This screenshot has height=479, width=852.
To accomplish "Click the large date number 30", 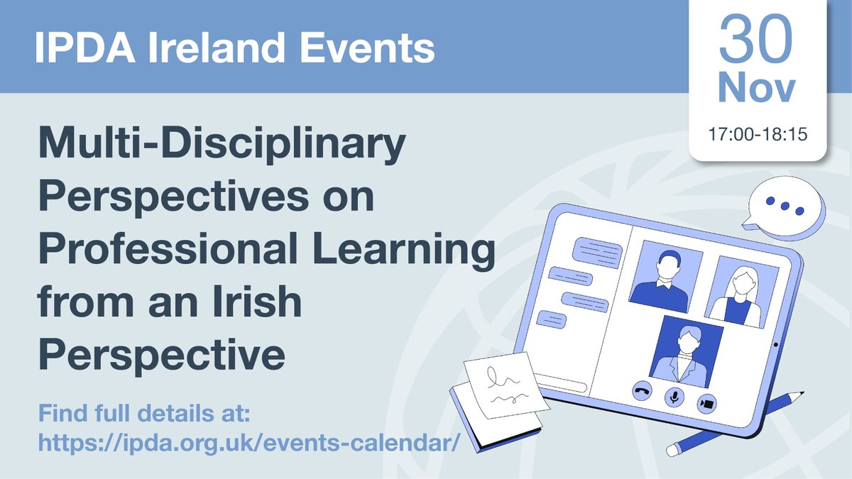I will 757,40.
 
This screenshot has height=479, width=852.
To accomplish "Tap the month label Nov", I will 757,90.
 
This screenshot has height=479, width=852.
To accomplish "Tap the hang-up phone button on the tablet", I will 642,392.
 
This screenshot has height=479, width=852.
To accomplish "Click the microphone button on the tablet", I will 674,397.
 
